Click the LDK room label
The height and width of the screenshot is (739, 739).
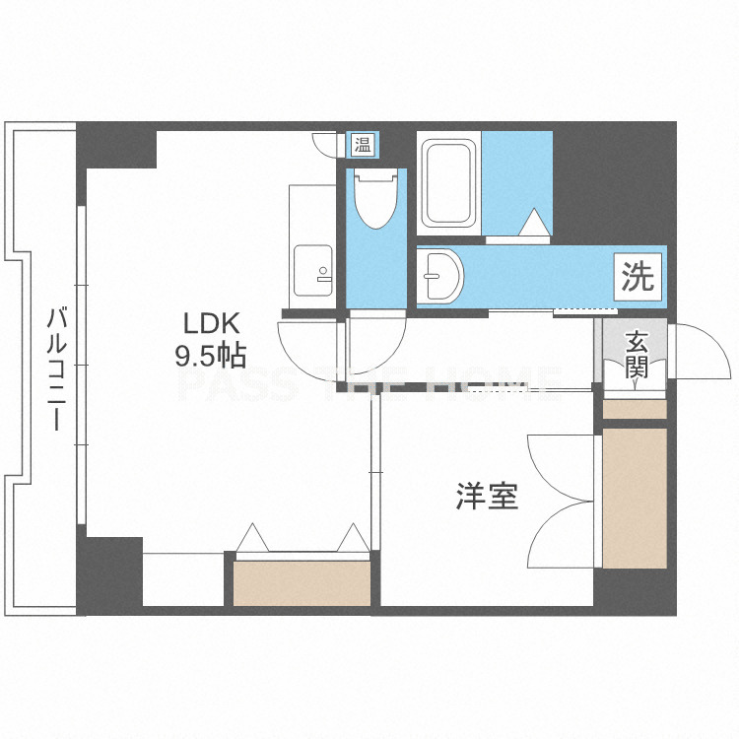pyautogui.click(x=211, y=324)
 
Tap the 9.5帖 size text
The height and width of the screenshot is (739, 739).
pyautogui.click(x=211, y=356)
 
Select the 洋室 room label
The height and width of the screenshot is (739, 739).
pyautogui.click(x=487, y=496)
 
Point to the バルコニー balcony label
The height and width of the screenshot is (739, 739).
pyautogui.click(x=56, y=369)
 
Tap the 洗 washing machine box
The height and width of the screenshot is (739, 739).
pyautogui.click(x=638, y=277)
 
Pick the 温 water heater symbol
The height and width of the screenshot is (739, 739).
pyautogui.click(x=363, y=145)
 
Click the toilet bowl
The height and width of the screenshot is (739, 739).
pyautogui.click(x=375, y=199)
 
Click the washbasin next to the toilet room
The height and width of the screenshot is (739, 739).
pyautogui.click(x=440, y=276)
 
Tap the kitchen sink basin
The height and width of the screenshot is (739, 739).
pyautogui.click(x=313, y=271)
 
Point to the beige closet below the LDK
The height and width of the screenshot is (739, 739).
pyautogui.click(x=302, y=583)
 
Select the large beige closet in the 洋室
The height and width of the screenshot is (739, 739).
pyautogui.click(x=635, y=499)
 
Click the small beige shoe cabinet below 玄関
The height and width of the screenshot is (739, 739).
pyautogui.click(x=635, y=409)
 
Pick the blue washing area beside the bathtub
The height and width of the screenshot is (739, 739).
pyautogui.click(x=517, y=183)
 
